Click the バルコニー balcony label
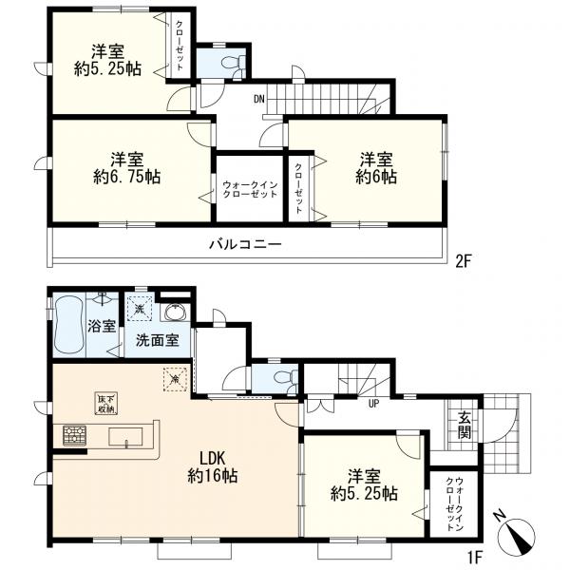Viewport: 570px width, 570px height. pos(245,244)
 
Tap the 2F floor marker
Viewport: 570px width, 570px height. pos(464,260)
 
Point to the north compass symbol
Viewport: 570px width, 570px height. pos(517,531)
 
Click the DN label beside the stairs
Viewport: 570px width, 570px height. pos(258,99)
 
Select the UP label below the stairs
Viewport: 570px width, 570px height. pos(373,404)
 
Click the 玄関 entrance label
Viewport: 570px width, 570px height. pos(465,426)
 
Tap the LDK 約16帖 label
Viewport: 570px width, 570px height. pos(213,466)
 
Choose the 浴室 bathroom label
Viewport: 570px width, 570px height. pos(102,326)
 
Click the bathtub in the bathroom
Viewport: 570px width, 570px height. pos(69,324)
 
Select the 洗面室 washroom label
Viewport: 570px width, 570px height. pos(158,340)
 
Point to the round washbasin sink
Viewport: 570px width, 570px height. pos(176,313)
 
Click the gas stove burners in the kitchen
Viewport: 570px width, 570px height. pos(75,435)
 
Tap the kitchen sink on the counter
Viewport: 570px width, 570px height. pos(125,436)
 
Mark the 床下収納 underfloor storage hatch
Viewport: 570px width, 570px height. pos(106,403)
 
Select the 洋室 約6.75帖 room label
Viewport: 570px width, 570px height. pos(127,168)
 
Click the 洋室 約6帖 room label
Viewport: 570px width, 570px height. pos(376,168)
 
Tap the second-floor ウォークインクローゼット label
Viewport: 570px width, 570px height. pos(250,189)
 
